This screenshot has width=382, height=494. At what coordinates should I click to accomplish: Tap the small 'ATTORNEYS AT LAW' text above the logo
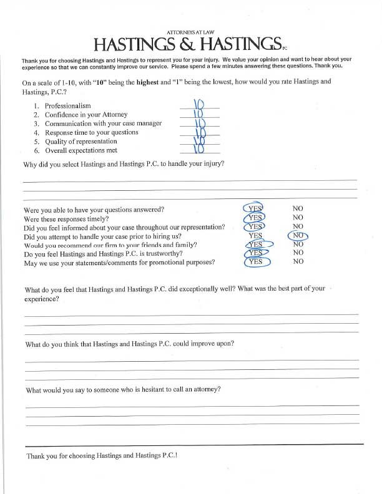click(x=191, y=31)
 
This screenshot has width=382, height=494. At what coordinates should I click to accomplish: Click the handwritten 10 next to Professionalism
click(x=199, y=104)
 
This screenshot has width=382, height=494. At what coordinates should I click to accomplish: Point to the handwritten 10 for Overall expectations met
click(x=199, y=148)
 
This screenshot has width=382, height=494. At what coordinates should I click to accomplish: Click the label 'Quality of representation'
click(x=86, y=142)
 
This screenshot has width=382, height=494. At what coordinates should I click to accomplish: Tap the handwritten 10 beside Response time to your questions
click(x=199, y=132)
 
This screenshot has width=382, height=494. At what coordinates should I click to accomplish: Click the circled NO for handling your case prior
click(x=298, y=236)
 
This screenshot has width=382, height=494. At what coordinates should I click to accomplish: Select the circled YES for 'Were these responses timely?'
click(x=255, y=218)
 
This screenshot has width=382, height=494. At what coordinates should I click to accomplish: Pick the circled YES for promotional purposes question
click(x=255, y=262)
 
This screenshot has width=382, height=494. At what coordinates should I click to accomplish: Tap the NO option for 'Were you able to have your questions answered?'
click(x=298, y=208)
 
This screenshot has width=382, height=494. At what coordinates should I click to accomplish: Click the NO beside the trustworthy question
click(x=298, y=253)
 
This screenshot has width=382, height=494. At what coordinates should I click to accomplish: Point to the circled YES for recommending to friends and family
click(x=255, y=245)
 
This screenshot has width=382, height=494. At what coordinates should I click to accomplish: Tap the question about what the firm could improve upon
click(x=130, y=344)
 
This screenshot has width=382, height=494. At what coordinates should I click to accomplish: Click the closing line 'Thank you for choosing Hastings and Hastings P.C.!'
click(x=102, y=456)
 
